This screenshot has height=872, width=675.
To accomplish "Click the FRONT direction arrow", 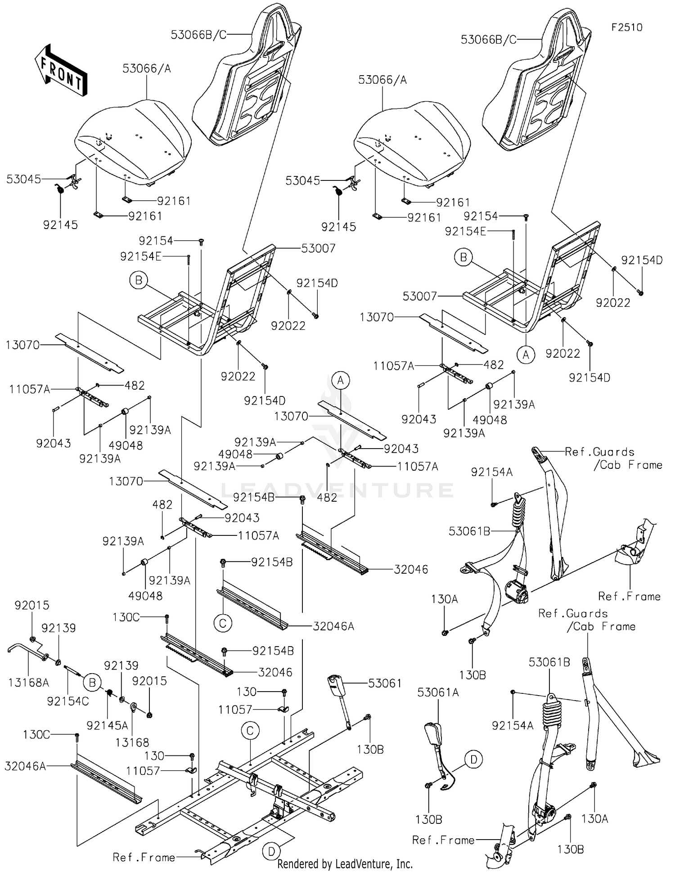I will pos(60,70).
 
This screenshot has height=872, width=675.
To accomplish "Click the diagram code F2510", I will pos(626,27).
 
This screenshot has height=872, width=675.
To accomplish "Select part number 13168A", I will pos(28,683).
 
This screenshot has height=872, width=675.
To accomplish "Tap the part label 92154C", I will pos(68,701).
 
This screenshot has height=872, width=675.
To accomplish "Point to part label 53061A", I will pos(437,692).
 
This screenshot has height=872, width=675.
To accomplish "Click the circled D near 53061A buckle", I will pos(473,760).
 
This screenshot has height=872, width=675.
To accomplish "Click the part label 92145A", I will pos(107,725).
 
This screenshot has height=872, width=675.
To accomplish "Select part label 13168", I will pos(132,742).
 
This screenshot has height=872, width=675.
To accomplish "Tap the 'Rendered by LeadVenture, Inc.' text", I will pos(345,863).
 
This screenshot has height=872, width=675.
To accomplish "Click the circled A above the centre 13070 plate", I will pos(341,381).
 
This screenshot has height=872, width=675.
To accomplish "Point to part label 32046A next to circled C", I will pos(333,626).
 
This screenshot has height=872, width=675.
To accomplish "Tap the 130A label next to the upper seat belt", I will pos(444,599).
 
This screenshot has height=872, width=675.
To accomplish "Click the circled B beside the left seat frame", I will pos(139,281).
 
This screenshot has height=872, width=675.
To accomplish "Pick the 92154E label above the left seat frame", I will pos(140,256).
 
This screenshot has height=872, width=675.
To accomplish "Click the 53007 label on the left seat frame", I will pos(318,248).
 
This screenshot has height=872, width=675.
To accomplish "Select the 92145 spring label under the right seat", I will pos(339,227).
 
